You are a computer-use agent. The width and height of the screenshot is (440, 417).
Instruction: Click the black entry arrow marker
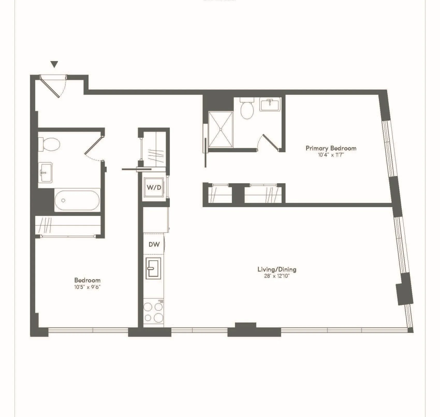click(x=54, y=64)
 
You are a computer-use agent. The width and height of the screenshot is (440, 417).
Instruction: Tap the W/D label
click(x=154, y=187)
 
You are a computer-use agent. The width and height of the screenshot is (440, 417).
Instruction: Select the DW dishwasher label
click(x=154, y=244)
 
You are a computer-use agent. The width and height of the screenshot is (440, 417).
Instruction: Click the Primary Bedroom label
click(x=331, y=148)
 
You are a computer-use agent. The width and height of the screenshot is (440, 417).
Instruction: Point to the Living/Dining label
click(x=277, y=269)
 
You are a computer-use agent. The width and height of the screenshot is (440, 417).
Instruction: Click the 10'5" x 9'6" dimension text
click(x=87, y=287)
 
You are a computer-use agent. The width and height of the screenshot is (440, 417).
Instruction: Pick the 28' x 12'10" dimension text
click(x=277, y=276)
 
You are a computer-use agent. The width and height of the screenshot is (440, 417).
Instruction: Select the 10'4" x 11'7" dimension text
click(x=331, y=155)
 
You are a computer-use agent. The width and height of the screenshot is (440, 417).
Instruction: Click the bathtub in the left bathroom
click(x=77, y=200)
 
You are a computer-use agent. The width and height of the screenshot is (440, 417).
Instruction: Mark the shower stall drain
click(x=221, y=129)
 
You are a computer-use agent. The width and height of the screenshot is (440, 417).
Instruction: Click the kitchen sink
click(x=153, y=268)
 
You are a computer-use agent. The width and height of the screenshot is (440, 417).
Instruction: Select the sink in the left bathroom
click(x=46, y=172)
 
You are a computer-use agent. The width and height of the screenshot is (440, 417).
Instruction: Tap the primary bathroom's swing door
click(x=270, y=142)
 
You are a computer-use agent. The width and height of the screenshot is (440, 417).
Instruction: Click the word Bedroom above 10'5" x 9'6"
click(x=87, y=280)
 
